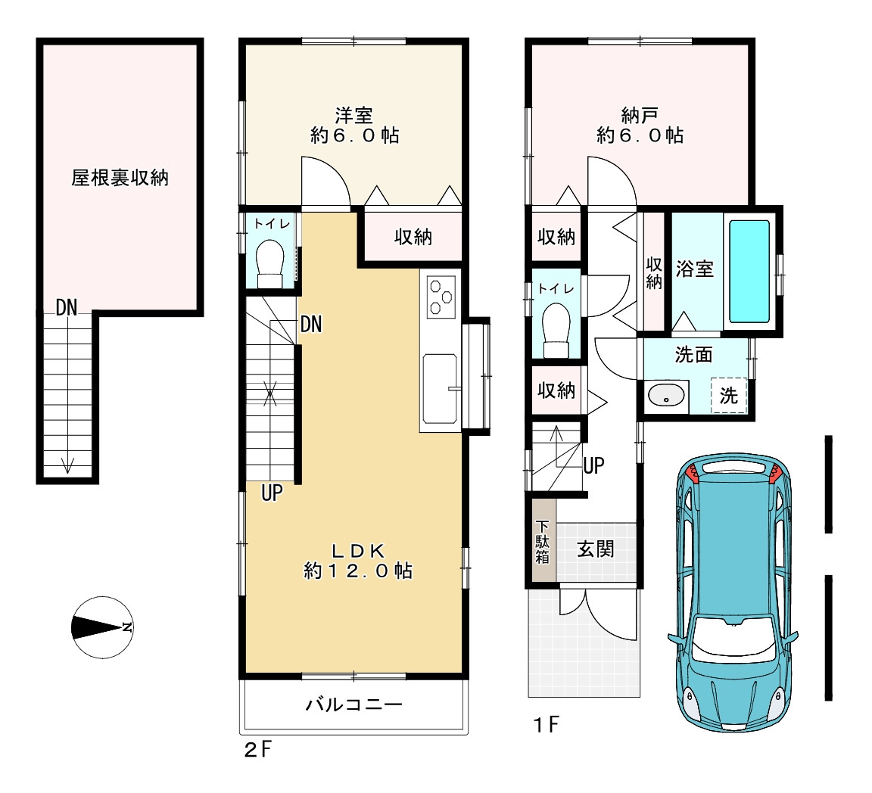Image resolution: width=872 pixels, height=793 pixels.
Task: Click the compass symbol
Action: pyautogui.click(x=102, y=627)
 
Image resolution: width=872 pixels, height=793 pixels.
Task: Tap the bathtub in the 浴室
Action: pyautogui.click(x=749, y=272)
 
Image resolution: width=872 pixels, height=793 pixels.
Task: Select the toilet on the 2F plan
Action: pyautogui.click(x=269, y=263)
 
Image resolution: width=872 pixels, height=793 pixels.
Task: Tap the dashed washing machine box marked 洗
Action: pyautogui.click(x=728, y=396)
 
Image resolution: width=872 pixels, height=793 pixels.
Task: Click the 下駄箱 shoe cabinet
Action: pyautogui.click(x=542, y=540)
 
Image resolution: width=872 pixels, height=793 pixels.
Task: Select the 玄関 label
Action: pyautogui.click(x=596, y=549)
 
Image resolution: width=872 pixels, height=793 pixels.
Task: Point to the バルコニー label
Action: pyautogui.click(x=353, y=704)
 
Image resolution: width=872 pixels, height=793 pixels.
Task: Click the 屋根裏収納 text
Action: pyautogui.click(x=120, y=178)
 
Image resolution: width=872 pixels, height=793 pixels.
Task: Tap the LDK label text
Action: pyautogui.click(x=358, y=551)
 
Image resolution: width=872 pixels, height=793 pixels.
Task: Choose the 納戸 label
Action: pyautogui.click(x=640, y=116)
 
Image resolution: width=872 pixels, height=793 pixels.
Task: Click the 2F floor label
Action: pyautogui.click(x=259, y=750)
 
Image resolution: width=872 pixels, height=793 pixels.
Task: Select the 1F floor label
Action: pyautogui.click(x=546, y=725)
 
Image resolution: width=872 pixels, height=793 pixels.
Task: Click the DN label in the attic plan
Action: pyautogui.click(x=66, y=307)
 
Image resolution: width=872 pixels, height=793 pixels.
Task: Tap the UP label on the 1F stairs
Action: pyautogui.click(x=593, y=465)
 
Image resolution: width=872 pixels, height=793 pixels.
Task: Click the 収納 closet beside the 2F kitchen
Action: pyautogui.click(x=413, y=237)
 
